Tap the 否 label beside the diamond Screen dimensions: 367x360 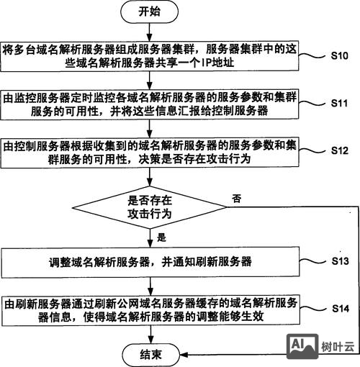[x=237, y=197]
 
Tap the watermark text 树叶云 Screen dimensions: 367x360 [x=337, y=347]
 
